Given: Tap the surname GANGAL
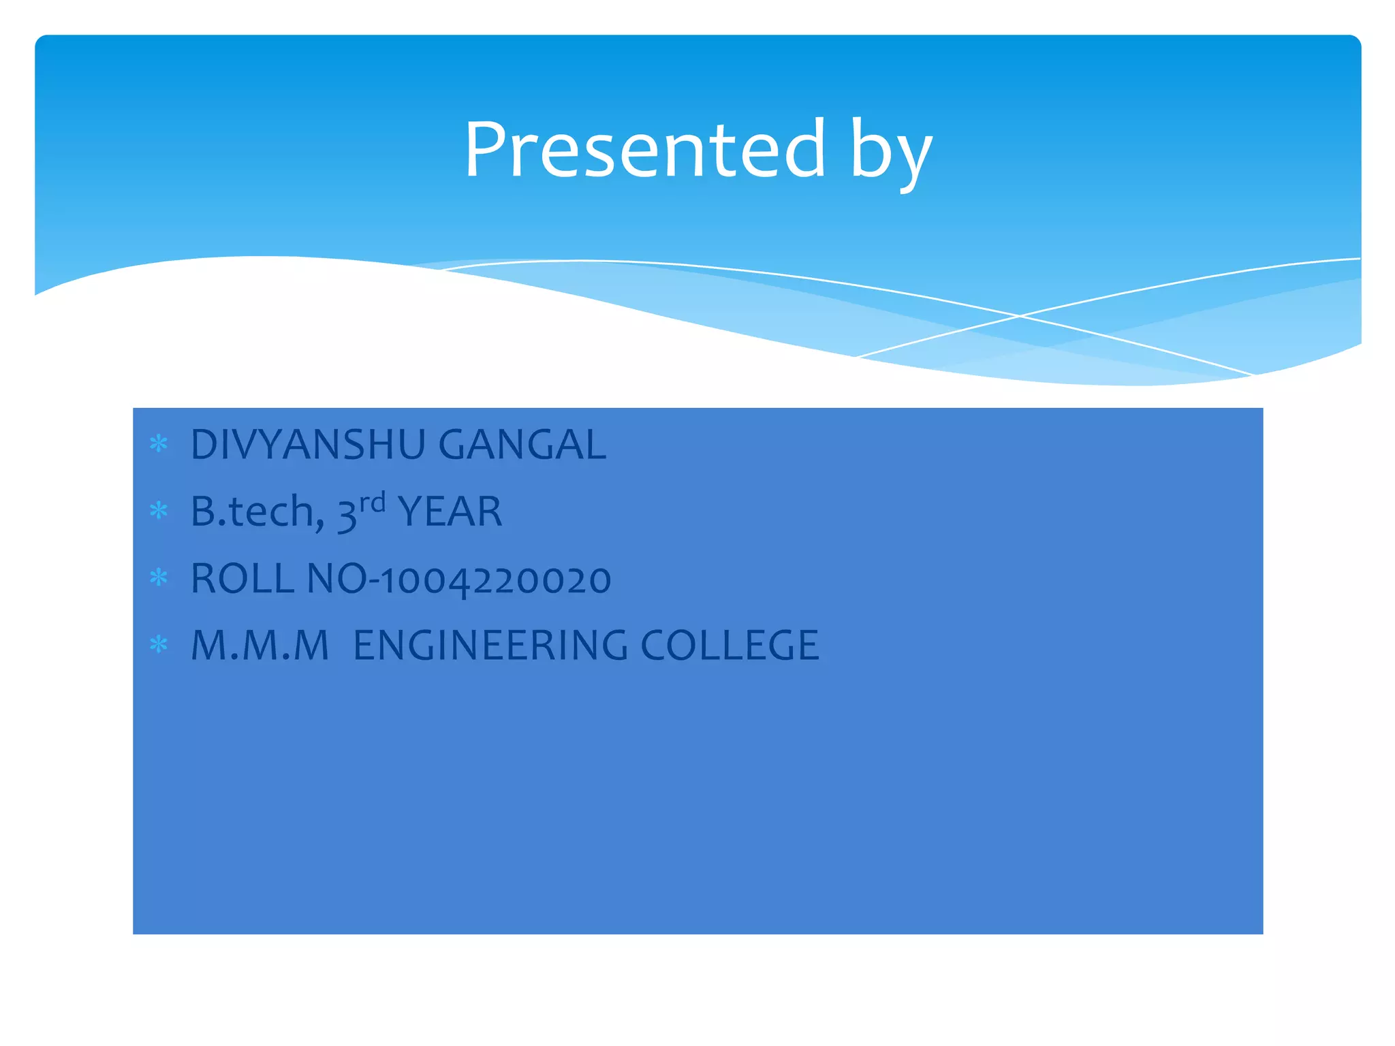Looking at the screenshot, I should tap(522, 445).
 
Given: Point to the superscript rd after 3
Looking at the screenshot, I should tap(373, 503).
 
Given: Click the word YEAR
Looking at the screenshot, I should tap(450, 511).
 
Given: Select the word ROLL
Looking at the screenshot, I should tap(242, 579).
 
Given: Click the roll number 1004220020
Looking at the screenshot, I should tap(495, 580).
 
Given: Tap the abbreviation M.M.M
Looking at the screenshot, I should tap(260, 645).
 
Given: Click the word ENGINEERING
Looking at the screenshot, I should tap(490, 645).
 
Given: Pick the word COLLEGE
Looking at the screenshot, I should tap(730, 645).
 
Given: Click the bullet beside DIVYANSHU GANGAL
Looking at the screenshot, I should tap(159, 445).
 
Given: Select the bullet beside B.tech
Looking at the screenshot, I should tap(159, 511).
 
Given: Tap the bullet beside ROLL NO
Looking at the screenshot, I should tap(159, 578).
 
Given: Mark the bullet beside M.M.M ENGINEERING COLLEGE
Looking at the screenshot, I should tap(159, 644).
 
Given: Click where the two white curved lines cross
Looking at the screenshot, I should tap(1020, 316).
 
